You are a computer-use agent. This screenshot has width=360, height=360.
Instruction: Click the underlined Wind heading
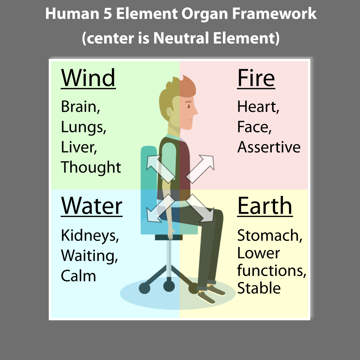point(88,78)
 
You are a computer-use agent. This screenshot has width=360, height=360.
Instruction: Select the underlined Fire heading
point(256,78)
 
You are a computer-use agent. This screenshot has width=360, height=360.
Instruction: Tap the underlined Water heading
point(92,206)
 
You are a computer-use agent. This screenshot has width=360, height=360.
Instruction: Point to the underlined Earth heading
point(265,206)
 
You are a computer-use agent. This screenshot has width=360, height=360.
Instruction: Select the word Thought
point(91,167)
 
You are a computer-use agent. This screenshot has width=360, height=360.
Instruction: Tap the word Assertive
point(269,147)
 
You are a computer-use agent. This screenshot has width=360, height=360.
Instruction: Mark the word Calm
point(78,276)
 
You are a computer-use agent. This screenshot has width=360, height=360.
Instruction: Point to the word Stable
point(259,288)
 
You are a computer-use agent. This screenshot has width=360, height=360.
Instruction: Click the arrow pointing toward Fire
point(200,169)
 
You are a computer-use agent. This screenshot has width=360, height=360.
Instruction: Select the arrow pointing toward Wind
point(161,169)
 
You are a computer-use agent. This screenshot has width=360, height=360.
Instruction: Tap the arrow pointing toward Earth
point(200,208)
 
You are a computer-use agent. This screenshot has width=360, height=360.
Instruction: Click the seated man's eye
point(188,106)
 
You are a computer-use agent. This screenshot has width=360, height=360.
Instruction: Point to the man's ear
point(169,112)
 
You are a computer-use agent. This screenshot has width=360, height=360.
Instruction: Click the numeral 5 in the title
point(108,14)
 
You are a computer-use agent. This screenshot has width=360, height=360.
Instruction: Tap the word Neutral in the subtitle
point(181,38)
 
